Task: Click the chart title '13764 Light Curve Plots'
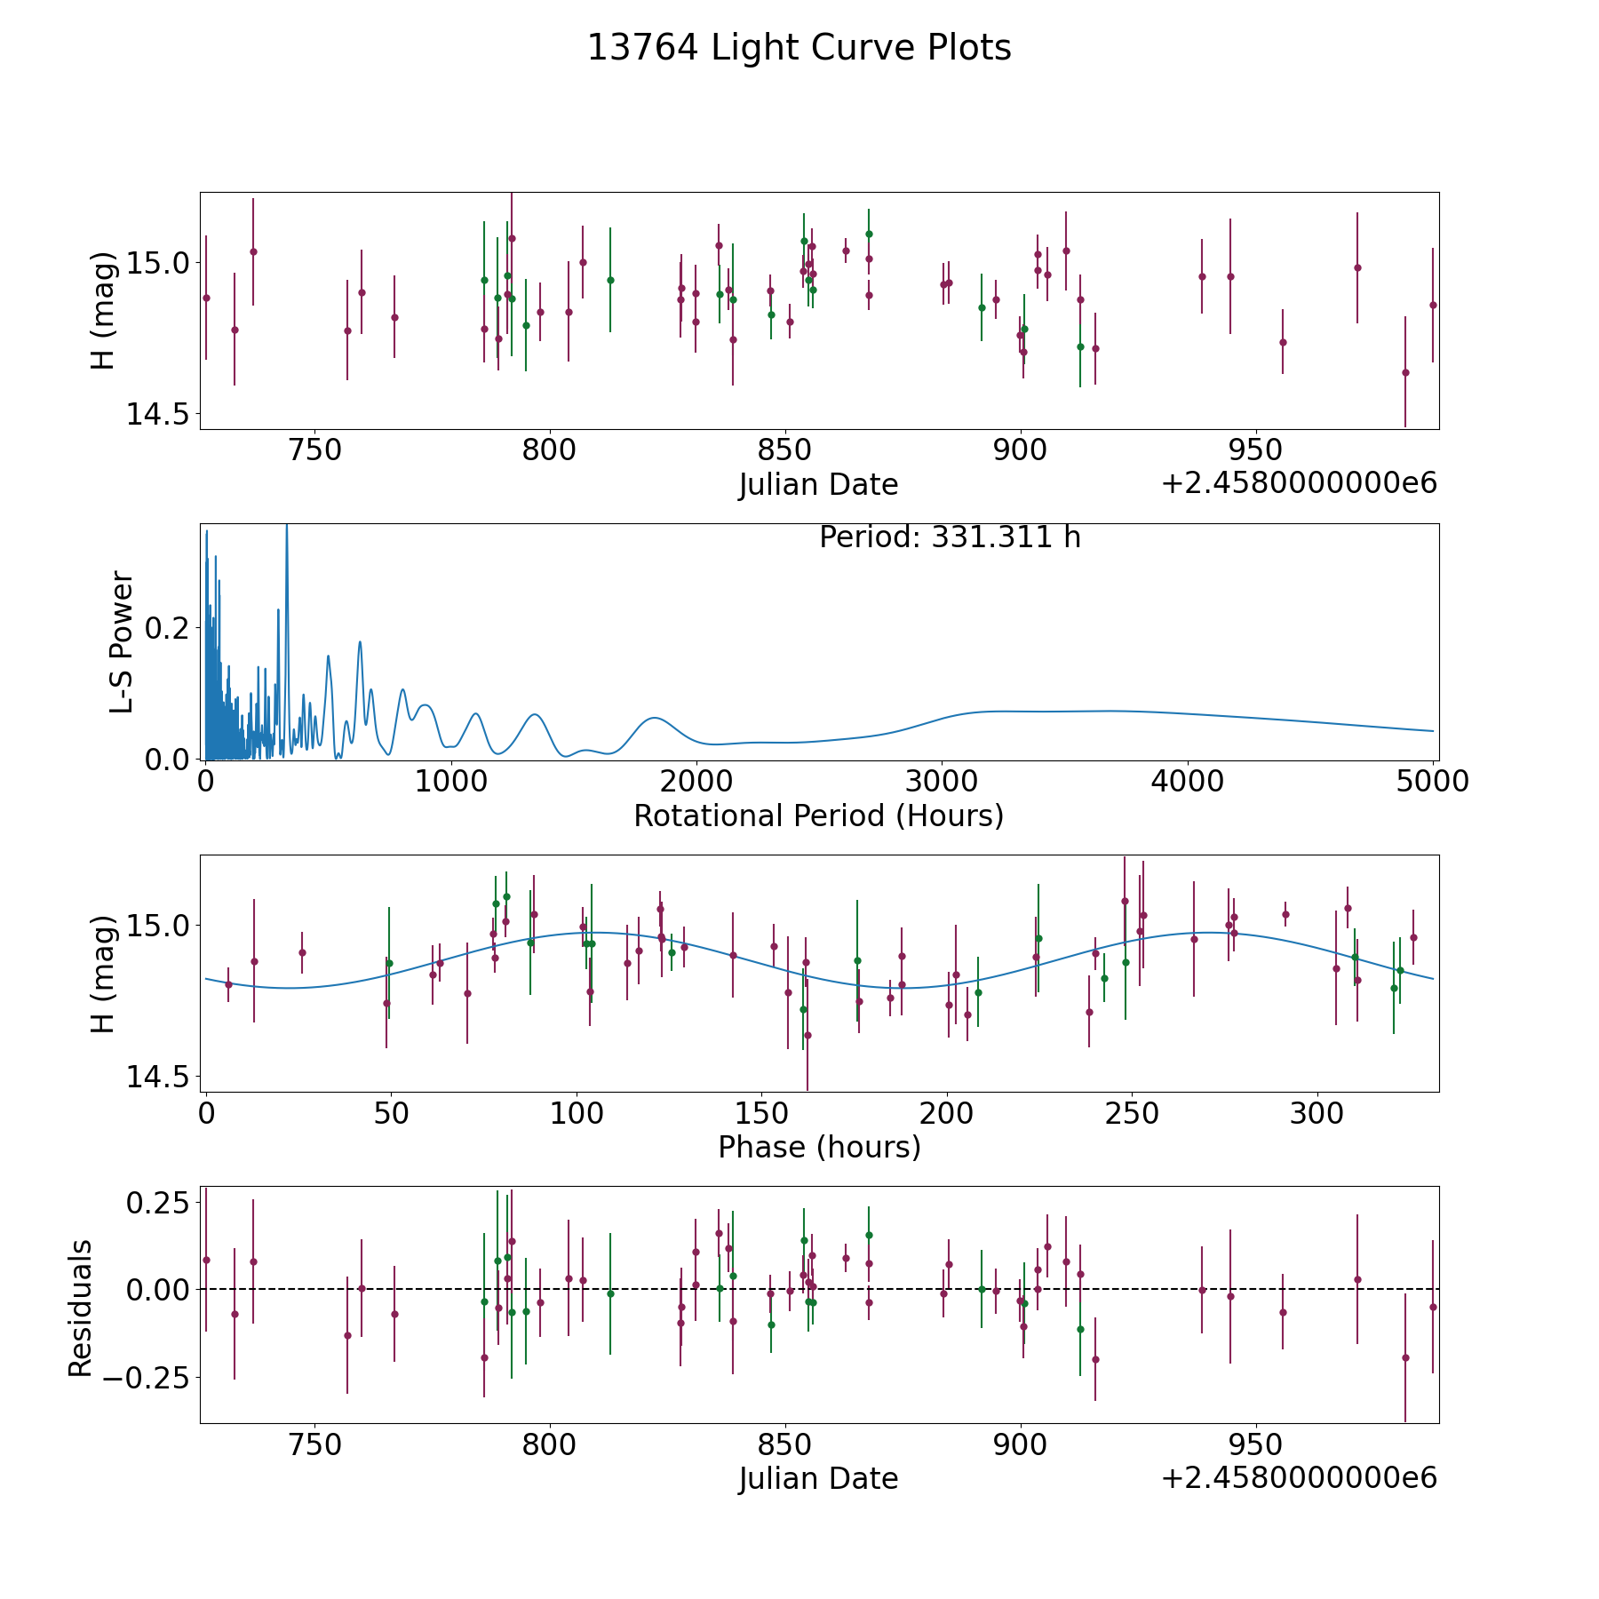point(799,48)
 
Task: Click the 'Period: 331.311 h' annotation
point(950,537)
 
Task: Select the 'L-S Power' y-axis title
point(122,641)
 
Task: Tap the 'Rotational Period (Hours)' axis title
point(818,815)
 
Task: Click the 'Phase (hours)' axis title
point(819,1147)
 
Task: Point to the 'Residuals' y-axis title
point(80,1308)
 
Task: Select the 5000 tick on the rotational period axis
point(1432,781)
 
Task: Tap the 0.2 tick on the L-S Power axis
point(168,628)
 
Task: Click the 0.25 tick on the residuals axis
point(158,1203)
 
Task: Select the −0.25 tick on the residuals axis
point(147,1378)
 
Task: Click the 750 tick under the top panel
point(315,449)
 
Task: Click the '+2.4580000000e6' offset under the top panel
point(1299,483)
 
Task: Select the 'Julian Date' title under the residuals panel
point(818,1478)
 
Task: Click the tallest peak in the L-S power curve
point(286,526)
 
